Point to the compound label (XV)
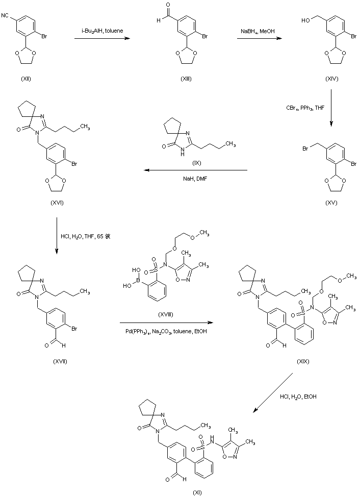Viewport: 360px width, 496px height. [331, 203]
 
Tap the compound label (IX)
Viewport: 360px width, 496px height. [198, 162]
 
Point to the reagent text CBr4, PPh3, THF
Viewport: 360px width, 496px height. [305, 108]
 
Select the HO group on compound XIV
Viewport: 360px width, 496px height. [304, 22]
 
